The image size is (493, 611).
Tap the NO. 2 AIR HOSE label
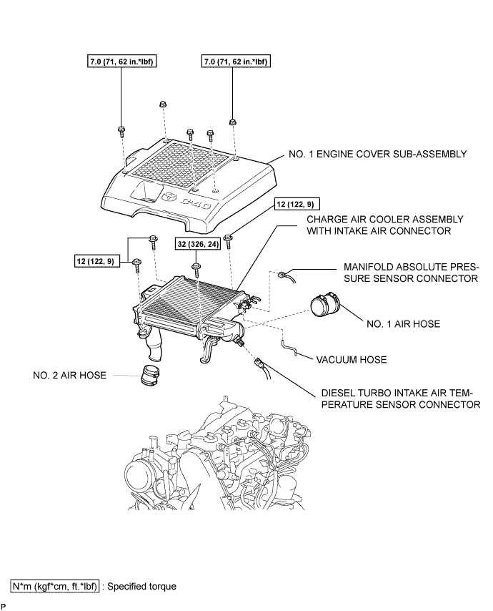click(x=71, y=373)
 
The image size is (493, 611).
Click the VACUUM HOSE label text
click(x=351, y=360)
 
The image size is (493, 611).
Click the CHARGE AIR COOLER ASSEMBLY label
click(x=384, y=225)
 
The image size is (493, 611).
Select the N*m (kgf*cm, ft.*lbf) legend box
click(x=56, y=586)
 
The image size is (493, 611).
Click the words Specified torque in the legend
click(x=141, y=586)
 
